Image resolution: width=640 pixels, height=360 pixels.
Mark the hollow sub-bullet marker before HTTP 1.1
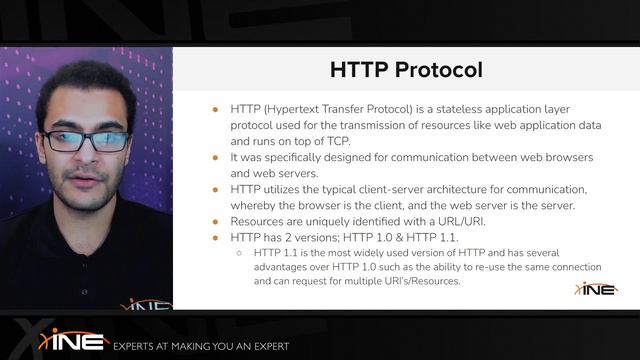[x=239, y=253]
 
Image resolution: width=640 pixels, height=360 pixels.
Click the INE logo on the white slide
[x=596, y=288]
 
